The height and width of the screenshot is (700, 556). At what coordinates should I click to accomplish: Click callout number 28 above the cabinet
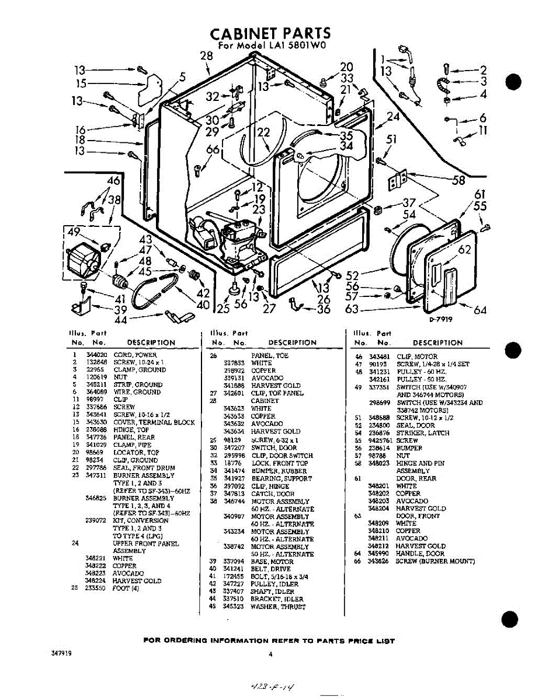[x=207, y=56]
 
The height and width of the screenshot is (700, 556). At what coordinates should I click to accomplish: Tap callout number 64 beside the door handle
[x=480, y=310]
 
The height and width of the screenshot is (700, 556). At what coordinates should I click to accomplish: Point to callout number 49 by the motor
[x=74, y=233]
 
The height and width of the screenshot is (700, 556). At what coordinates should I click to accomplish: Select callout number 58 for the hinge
[x=458, y=180]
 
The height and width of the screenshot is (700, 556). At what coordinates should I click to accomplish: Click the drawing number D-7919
[x=442, y=320]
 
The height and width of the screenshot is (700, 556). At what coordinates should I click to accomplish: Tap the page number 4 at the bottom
[x=270, y=654]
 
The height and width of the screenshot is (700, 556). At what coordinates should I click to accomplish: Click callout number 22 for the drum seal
[x=263, y=133]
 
